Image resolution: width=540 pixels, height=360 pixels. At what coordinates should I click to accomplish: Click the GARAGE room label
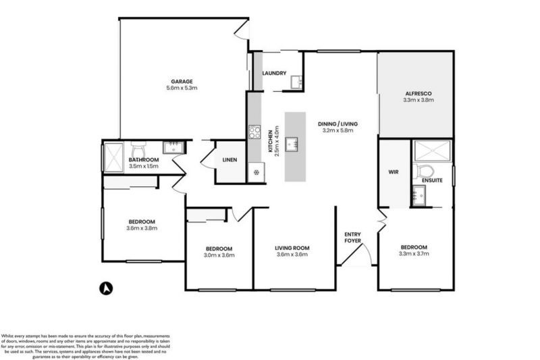[x=182, y=81]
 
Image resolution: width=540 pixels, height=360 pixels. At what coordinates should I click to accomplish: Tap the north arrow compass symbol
[x=105, y=288]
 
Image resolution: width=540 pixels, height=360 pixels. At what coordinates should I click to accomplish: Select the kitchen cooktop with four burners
[x=254, y=132]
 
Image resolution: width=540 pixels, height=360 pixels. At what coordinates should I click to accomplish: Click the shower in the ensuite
[x=431, y=151]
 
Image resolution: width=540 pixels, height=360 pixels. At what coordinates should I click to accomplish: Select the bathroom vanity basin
[x=174, y=147]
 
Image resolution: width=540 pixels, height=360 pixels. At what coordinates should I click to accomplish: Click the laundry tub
[x=296, y=82]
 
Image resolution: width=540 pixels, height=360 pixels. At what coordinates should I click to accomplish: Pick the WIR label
[x=394, y=172]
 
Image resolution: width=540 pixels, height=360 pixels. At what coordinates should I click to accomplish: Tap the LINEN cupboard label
[x=230, y=160]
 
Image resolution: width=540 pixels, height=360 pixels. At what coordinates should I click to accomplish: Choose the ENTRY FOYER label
[x=352, y=236]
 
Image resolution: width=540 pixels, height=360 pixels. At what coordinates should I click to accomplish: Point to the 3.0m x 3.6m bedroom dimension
[x=219, y=255]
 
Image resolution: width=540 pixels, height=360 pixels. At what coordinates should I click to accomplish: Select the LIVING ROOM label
[x=292, y=248]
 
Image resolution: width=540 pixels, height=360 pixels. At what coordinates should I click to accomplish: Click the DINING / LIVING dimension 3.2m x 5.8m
[x=338, y=131]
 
